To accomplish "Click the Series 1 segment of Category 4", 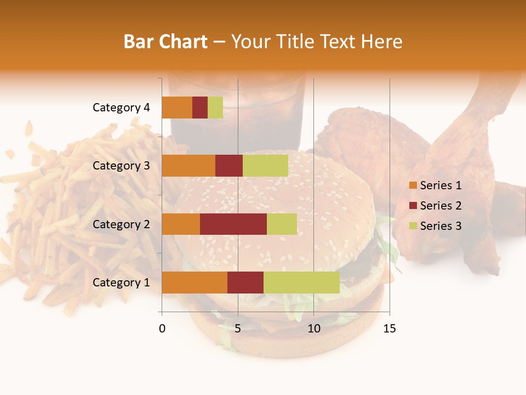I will (x=177, y=108).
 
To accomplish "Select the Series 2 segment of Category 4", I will (x=200, y=108).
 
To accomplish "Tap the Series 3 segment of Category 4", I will (x=215, y=108).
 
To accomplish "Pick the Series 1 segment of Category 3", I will (x=188, y=166).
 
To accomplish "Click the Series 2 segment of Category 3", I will (x=229, y=166).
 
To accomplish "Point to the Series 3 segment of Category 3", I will (x=265, y=166).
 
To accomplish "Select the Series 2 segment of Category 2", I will (x=233, y=224).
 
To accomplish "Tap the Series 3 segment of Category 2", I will (x=282, y=224).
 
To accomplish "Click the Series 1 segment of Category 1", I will (x=195, y=283).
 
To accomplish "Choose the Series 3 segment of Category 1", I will (x=301, y=283).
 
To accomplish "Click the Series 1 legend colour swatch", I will (x=413, y=185).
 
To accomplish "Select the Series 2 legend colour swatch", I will (x=413, y=206).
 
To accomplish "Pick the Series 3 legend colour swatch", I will (x=413, y=226).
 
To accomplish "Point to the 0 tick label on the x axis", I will (x=162, y=329).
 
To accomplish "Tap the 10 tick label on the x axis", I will (x=313, y=329).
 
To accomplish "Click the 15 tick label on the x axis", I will (x=390, y=329).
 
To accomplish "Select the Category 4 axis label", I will (x=121, y=108).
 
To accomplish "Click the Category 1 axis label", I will (x=121, y=283).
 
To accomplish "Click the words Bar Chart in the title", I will (x=165, y=42).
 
